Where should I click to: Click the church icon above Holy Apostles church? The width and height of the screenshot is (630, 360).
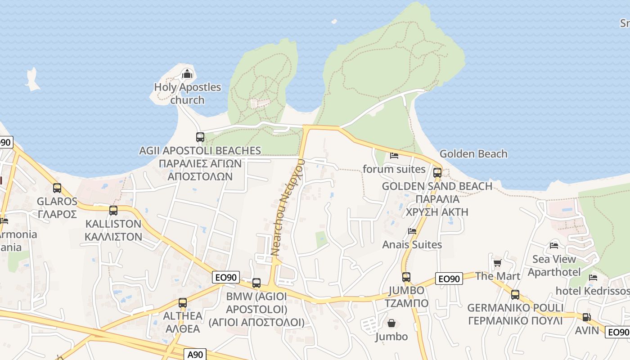pyautogui.click(x=187, y=74)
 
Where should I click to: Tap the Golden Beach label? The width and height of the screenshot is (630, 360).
pyautogui.click(x=473, y=154)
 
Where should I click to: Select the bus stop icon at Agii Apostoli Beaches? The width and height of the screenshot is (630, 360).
pyautogui.click(x=200, y=137)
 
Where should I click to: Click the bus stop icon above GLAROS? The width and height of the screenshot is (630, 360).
pyautogui.click(x=57, y=188)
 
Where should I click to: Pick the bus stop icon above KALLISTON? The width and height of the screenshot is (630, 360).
pyautogui.click(x=113, y=210)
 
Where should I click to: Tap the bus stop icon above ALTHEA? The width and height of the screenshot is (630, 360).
pyautogui.click(x=182, y=303)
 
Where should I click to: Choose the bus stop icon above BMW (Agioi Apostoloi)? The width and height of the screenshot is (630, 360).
pyautogui.click(x=256, y=283)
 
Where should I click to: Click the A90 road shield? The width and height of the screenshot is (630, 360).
pyautogui.click(x=195, y=355)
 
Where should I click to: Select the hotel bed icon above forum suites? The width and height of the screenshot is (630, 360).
pyautogui.click(x=394, y=156)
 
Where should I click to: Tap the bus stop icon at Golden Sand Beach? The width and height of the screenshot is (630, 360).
pyautogui.click(x=437, y=172)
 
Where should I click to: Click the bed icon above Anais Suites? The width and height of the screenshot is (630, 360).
pyautogui.click(x=412, y=231)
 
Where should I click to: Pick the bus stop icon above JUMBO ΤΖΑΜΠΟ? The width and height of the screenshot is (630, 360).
pyautogui.click(x=406, y=277)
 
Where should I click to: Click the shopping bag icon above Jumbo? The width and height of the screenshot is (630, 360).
pyautogui.click(x=391, y=323)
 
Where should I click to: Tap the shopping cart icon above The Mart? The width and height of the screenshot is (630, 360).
pyautogui.click(x=497, y=263)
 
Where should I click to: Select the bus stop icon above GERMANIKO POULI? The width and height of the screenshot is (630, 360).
pyautogui.click(x=515, y=295)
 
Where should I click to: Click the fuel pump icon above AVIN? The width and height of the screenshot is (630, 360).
pyautogui.click(x=586, y=317)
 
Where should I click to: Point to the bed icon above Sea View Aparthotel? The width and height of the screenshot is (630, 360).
pyautogui.click(x=554, y=246)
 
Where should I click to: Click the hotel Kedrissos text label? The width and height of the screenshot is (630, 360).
pyautogui.click(x=592, y=291)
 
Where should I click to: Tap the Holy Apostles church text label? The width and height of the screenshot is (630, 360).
pyautogui.click(x=188, y=93)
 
